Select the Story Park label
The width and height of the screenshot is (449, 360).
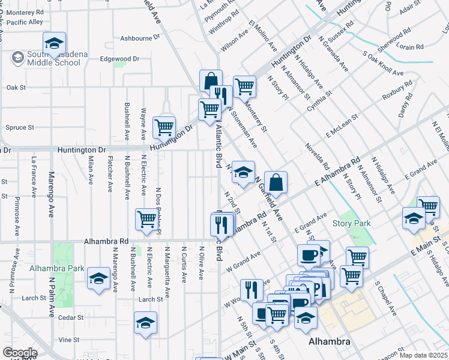(351, 223)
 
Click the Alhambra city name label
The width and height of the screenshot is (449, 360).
(328, 341)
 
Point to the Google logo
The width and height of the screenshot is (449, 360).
(19, 353)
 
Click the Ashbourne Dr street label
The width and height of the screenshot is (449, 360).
(141, 37)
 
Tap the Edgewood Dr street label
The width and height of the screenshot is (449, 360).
(119, 59)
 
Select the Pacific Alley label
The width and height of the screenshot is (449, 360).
(25, 22)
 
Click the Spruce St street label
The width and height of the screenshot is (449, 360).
(19, 127)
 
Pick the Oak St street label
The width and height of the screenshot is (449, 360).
(16, 88)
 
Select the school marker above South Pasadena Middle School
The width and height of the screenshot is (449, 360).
(54, 43)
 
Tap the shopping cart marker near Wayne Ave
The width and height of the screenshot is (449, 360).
(164, 127)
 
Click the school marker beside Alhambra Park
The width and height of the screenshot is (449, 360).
(98, 278)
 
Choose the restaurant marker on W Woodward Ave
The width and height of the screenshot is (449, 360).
(252, 290)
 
